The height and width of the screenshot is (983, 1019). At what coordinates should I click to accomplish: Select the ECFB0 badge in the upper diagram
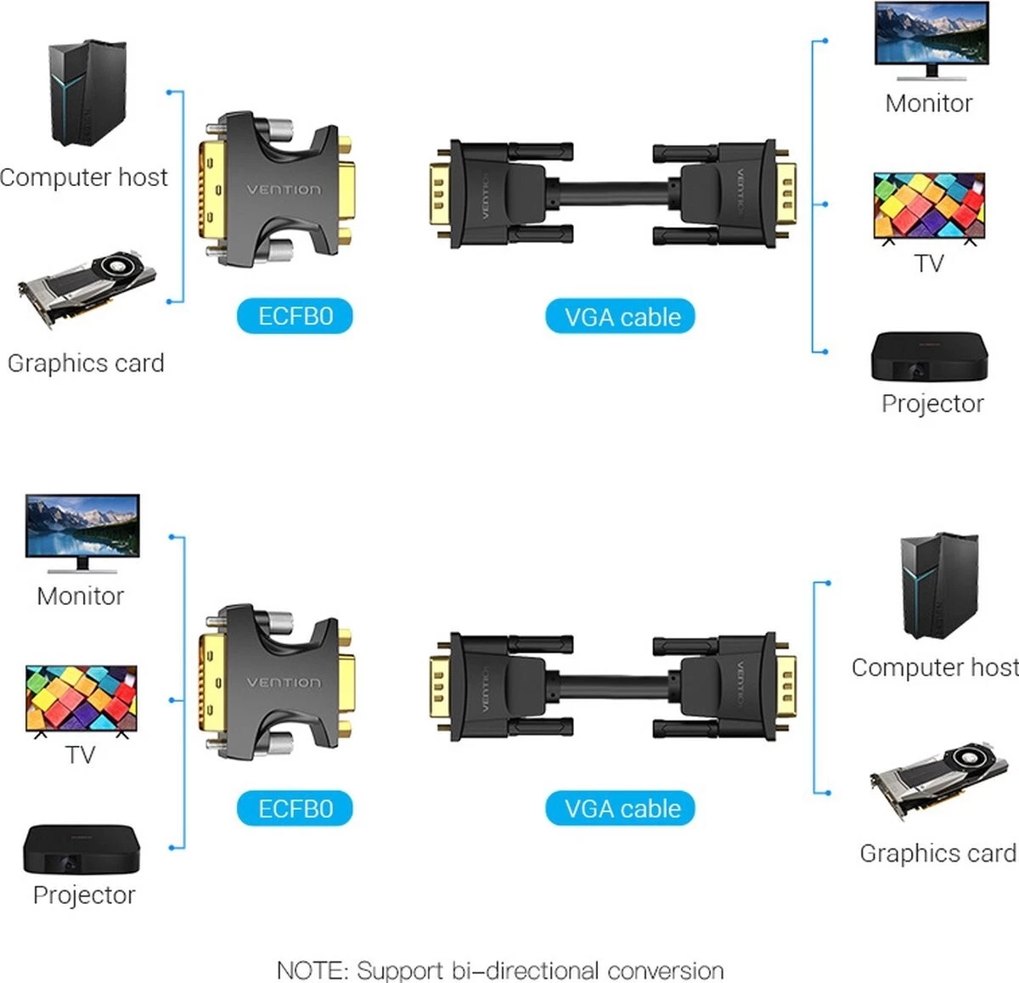(x=295, y=316)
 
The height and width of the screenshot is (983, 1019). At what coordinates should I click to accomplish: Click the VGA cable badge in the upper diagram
(x=621, y=317)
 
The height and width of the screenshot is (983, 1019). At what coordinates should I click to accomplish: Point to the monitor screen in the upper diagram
(x=932, y=35)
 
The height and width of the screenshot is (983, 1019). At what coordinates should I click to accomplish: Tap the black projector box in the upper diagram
(x=929, y=358)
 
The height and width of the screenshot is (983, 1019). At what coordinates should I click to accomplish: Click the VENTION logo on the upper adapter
(x=284, y=189)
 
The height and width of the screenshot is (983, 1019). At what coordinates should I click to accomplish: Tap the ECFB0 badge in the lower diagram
(x=295, y=808)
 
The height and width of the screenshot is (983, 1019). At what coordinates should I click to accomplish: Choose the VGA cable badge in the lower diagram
(x=621, y=808)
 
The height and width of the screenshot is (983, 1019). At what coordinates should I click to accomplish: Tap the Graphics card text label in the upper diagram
(x=86, y=364)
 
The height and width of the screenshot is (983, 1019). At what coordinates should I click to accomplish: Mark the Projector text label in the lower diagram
(x=84, y=895)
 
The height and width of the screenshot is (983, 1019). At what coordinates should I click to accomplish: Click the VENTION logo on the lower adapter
(x=284, y=682)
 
